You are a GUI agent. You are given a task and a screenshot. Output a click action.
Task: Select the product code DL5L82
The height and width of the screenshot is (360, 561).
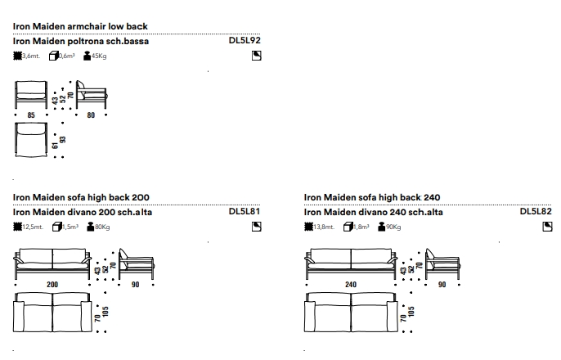tap(536, 211)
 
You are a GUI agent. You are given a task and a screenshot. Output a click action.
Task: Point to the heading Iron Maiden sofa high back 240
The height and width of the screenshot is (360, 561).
tap(372, 197)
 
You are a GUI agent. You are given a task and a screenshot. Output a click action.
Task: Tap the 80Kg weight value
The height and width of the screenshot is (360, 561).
tap(102, 227)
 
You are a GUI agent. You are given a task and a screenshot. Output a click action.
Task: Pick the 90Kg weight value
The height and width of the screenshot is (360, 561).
tap(393, 227)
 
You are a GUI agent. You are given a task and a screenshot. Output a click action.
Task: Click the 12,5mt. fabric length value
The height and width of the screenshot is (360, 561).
tap(31, 227)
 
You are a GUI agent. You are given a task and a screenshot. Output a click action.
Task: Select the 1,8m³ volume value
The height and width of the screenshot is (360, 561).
tap(359, 227)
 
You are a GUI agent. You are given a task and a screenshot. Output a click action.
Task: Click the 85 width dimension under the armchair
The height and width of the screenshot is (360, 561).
tap(31, 115)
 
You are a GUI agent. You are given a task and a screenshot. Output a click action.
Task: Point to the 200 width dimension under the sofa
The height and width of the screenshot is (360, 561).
tap(52, 285)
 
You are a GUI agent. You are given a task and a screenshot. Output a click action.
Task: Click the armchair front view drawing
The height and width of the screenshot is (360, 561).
tap(31, 94)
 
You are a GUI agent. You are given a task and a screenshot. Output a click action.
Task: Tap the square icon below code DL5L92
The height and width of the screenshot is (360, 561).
tap(256, 56)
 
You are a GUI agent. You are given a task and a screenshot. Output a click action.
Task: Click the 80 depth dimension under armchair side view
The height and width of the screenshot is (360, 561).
tap(91, 115)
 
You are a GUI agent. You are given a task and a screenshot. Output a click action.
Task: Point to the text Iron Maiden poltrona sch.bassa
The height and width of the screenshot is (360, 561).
tap(82, 40)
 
